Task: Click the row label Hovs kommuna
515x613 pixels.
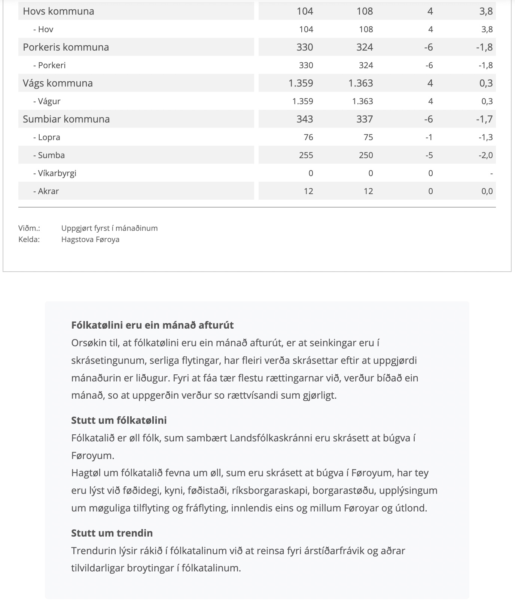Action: click(x=58, y=11)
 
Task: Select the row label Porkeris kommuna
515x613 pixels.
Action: click(x=66, y=47)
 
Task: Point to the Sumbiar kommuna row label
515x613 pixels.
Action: click(x=66, y=119)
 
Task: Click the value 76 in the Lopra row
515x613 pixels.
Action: click(x=308, y=137)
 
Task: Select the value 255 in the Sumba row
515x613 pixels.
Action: click(x=306, y=155)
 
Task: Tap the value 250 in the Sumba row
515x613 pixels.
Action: click(x=366, y=155)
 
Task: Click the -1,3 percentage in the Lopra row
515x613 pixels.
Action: click(x=485, y=137)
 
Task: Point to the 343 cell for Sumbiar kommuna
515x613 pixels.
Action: click(x=305, y=119)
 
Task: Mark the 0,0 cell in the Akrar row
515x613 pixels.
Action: click(x=487, y=191)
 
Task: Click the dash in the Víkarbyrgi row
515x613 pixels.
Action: click(x=491, y=173)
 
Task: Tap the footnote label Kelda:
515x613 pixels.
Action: click(x=29, y=239)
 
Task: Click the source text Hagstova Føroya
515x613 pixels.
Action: click(x=90, y=239)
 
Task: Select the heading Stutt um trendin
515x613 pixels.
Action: click(x=112, y=533)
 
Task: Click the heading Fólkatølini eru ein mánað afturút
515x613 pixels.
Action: click(x=152, y=325)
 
